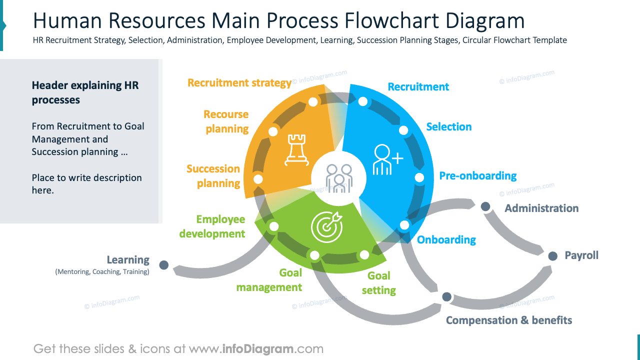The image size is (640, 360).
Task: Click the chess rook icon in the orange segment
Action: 295,149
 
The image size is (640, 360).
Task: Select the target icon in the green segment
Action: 327,226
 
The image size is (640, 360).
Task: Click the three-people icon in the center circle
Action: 339,178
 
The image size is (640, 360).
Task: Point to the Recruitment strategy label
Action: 239,83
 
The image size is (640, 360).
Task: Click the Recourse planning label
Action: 226,121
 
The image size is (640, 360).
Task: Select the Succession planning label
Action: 213,176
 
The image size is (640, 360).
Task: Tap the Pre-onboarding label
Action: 477,175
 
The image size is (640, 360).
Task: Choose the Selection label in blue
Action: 448,127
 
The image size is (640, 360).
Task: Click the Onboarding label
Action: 446,240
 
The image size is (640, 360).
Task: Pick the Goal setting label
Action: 378,283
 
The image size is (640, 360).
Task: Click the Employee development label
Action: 212,226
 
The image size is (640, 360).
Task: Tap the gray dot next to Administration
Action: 485,206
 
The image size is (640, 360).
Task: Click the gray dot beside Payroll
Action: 552,256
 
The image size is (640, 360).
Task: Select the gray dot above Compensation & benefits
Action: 446,297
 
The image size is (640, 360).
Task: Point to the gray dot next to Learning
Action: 163,265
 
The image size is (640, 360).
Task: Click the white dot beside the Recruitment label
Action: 363,102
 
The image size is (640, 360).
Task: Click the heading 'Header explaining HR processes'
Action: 85,92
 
